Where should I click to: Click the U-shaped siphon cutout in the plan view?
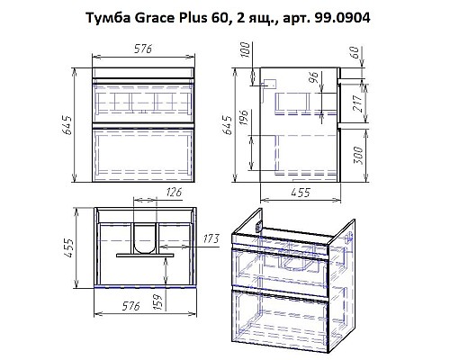pos(145,238)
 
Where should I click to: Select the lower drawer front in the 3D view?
pos(279,322)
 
